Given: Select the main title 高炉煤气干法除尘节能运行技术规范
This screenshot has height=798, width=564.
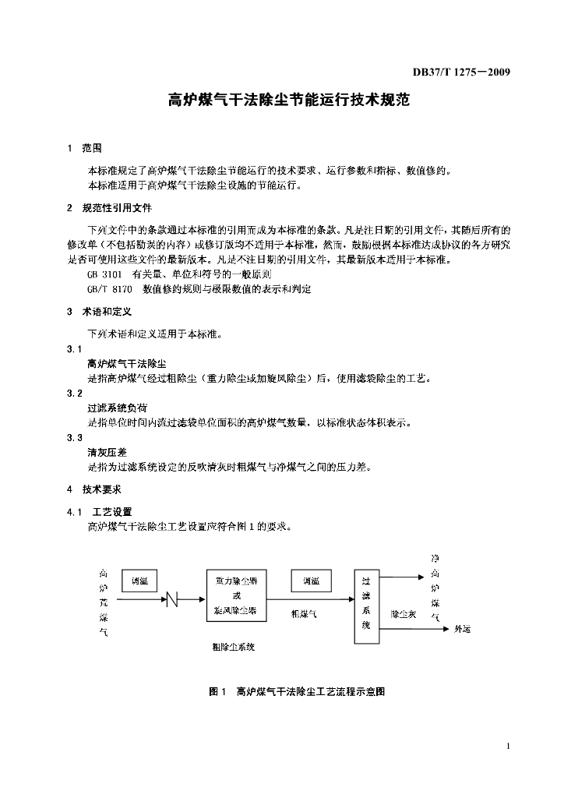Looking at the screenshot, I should tap(289, 101).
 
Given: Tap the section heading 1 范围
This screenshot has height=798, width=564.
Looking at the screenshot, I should tap(85, 147).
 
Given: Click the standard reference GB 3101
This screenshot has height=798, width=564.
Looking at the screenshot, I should tap(104, 275).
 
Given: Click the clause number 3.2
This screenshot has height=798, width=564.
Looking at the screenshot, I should tap(75, 394).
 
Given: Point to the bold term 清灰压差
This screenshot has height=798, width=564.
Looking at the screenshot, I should tap(108, 453).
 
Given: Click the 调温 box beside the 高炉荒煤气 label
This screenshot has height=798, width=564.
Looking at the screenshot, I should tap(139, 580).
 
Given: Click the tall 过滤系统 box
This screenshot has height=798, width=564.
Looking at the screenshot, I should tap(366, 604).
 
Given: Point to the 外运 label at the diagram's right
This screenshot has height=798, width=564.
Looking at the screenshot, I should tap(463, 630).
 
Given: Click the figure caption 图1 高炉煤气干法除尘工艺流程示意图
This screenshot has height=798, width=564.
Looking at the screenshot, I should tap(298, 691).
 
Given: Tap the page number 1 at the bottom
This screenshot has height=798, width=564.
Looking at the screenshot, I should tap(507, 747).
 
